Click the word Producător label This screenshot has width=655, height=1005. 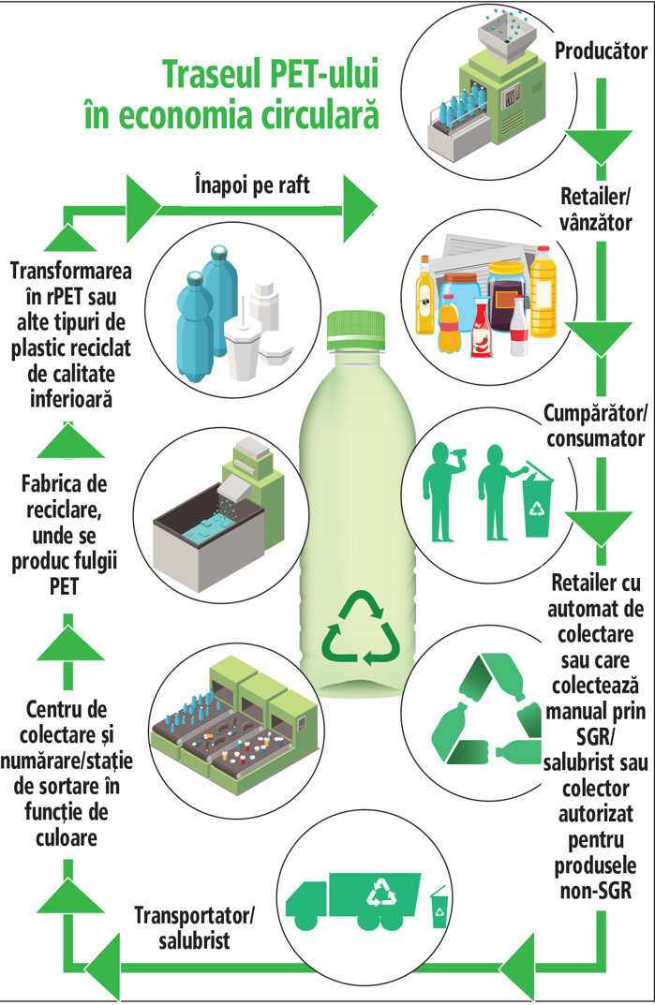point(601,50)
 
